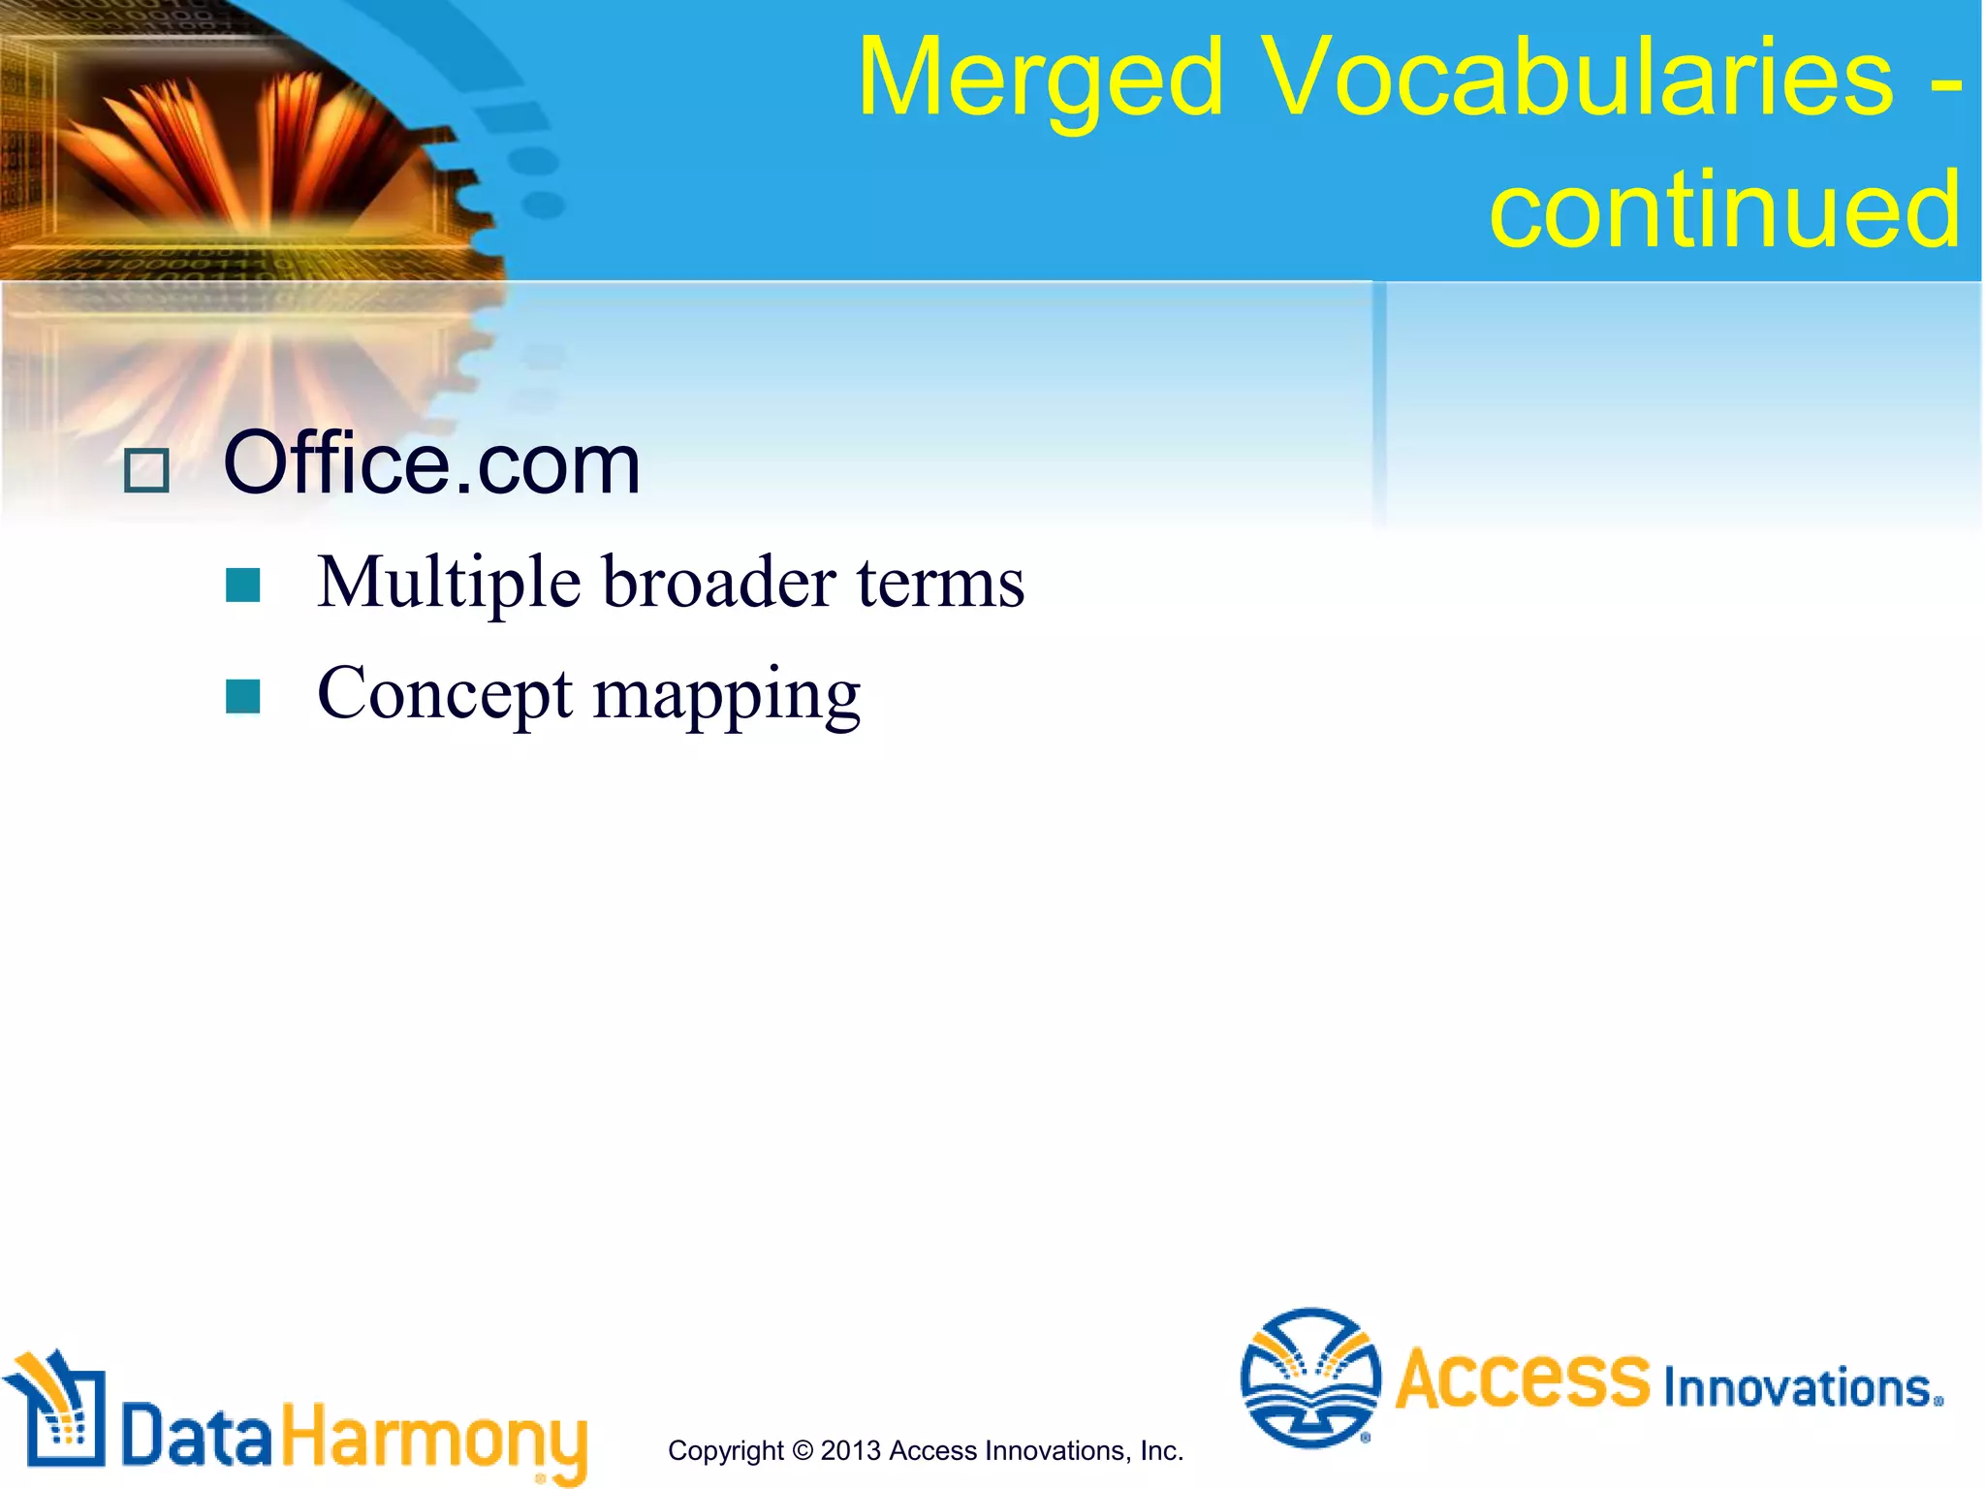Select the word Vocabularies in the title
click(x=1578, y=78)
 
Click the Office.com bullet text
click(x=431, y=464)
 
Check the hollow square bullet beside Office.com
click(x=147, y=471)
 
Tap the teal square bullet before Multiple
click(x=242, y=586)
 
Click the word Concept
click(x=445, y=694)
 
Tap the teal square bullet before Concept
click(x=242, y=696)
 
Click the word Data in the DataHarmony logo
click(x=197, y=1435)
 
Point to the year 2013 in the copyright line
click(x=850, y=1451)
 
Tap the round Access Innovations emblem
click(x=1310, y=1378)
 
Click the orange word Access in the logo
click(x=1522, y=1378)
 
